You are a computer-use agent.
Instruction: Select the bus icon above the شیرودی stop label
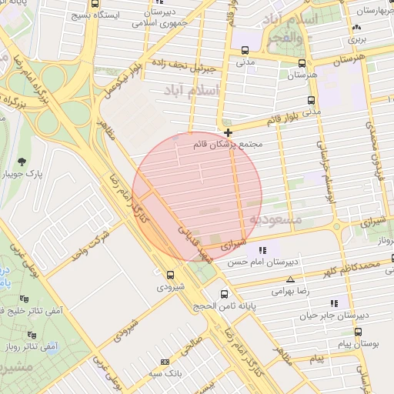pos(170,274)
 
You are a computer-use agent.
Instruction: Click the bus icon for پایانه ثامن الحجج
pos(224,294)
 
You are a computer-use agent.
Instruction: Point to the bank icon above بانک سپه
pos(164,362)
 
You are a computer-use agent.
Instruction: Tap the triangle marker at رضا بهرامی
pos(290,279)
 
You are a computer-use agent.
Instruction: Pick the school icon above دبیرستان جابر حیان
pos(332,303)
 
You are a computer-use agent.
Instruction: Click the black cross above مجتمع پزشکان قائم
pos(227,132)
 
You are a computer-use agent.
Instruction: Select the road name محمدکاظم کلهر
pos(351,269)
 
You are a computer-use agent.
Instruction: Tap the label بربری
pos(358,37)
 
